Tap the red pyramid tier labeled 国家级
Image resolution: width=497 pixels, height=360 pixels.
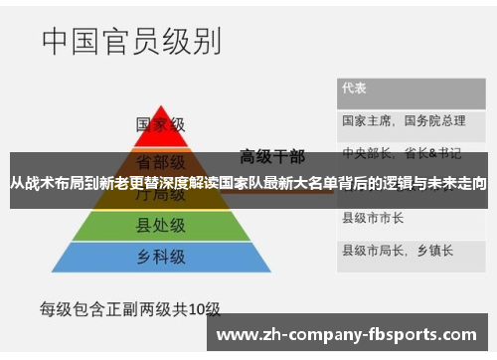[160, 125]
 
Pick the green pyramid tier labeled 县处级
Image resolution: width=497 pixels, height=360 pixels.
[160, 225]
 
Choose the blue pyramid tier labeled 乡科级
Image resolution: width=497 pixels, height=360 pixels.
[160, 258]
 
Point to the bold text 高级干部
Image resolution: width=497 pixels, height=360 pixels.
[271, 156]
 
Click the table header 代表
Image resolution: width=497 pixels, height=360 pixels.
[355, 88]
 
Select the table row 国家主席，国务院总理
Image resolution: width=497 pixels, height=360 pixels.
[404, 120]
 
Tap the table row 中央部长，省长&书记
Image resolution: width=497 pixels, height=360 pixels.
[402, 153]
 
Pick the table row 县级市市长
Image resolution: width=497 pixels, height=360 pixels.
[373, 217]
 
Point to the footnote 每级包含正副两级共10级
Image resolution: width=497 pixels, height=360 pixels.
[129, 308]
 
